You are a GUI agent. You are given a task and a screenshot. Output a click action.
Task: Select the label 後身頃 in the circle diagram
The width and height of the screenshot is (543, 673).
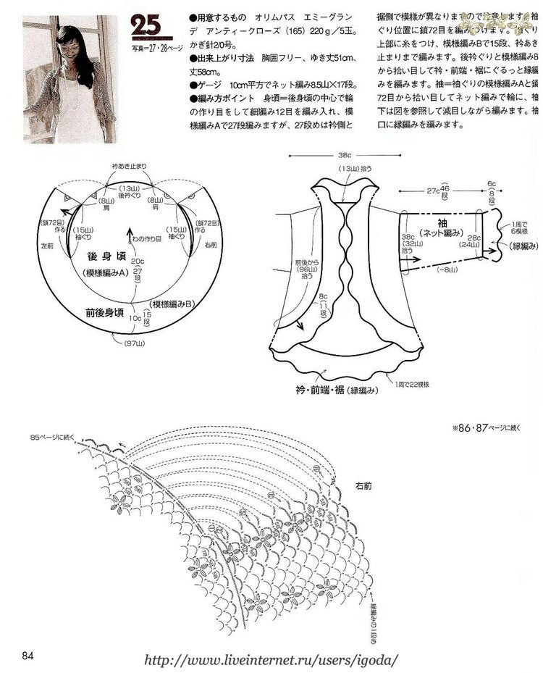102,256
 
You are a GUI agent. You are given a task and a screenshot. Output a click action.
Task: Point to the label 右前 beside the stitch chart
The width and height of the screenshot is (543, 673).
363,486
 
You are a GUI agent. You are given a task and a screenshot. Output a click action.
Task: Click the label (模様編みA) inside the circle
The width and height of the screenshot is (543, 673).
101,272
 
